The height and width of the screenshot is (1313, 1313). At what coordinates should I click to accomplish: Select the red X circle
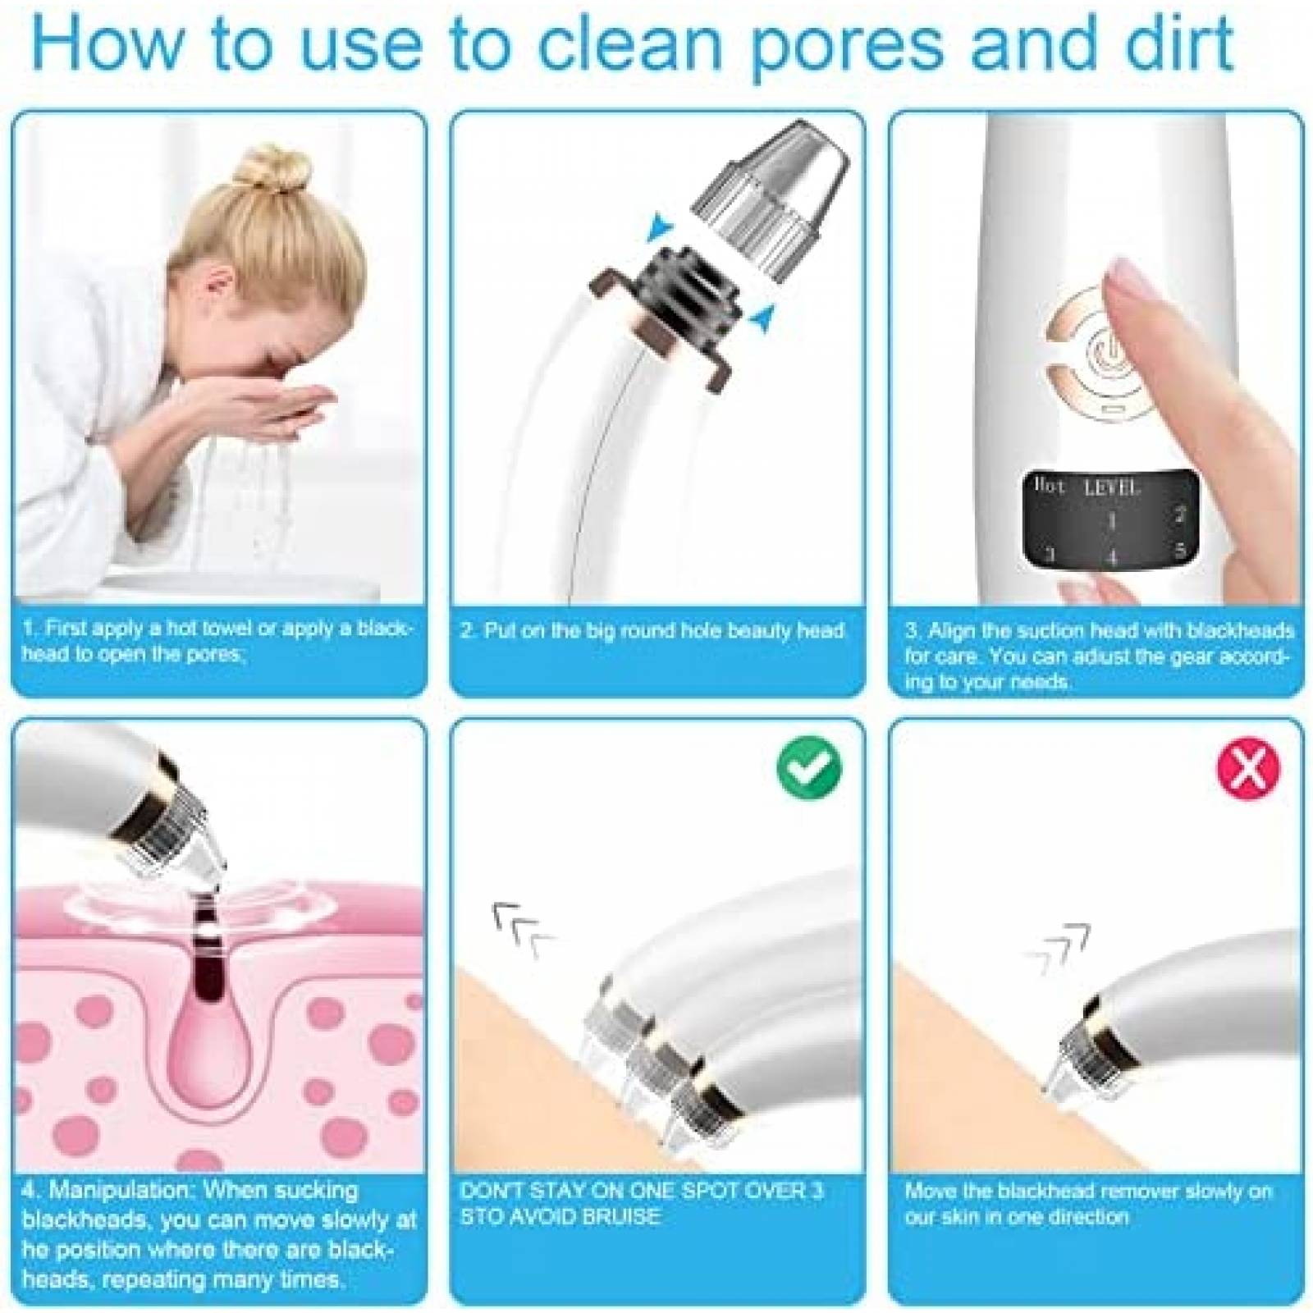[x=1247, y=766]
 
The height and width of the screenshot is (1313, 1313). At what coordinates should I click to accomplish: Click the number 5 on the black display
[x=1180, y=550]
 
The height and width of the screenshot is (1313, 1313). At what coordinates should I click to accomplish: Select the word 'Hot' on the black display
[x=1050, y=485]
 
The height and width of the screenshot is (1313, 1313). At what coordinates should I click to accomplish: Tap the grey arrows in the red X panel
[x=1059, y=948]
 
